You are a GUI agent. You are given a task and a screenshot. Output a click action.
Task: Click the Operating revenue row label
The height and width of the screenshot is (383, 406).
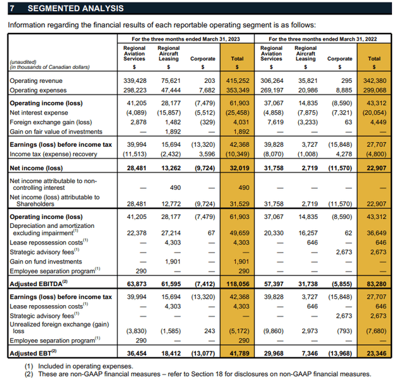coord(36,81)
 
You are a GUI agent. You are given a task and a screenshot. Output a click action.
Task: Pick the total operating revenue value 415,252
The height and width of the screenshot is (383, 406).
coord(235,81)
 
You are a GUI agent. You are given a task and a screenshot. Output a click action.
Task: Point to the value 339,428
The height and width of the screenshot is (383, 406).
coord(134,81)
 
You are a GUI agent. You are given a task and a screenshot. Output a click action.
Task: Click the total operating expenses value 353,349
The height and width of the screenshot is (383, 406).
coord(235,90)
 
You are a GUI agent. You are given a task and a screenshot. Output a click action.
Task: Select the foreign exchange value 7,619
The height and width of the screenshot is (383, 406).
coord(272,122)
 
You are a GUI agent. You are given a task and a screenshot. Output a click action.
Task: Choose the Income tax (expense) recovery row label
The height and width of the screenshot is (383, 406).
coord(53,153)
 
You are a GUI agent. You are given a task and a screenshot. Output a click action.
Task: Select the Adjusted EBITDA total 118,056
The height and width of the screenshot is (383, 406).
coord(235,283)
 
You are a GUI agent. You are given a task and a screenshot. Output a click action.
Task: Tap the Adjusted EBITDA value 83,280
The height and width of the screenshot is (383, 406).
coord(373,283)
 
